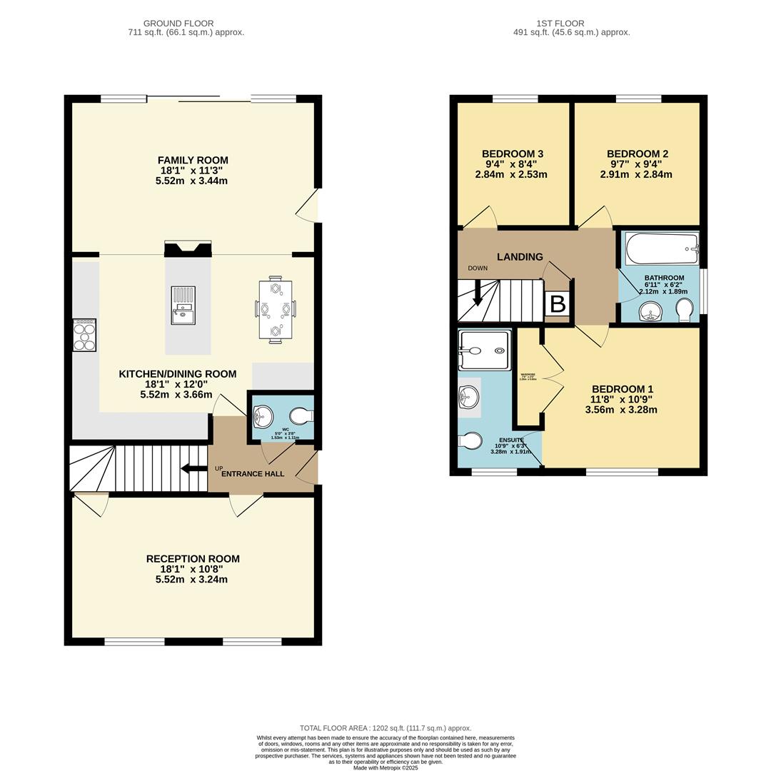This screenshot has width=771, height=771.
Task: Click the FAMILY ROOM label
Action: point(193,160)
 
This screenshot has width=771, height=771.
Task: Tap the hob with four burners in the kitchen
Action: point(84,335)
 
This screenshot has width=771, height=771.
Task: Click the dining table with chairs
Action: point(275,310)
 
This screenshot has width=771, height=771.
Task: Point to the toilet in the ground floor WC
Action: point(301,415)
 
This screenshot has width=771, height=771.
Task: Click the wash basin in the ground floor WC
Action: point(262,415)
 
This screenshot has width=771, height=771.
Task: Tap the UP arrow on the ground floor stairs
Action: point(193,468)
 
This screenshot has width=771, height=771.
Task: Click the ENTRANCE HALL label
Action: point(253,474)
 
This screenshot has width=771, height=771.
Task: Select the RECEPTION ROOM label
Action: point(193,559)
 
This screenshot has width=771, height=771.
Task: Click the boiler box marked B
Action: point(558,304)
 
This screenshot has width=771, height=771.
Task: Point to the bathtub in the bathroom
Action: point(662,249)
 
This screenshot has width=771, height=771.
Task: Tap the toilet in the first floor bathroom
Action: point(683,310)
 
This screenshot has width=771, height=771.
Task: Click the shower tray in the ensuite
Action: point(485,350)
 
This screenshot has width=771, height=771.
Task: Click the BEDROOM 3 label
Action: point(513,154)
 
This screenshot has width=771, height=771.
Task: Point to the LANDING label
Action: point(520,257)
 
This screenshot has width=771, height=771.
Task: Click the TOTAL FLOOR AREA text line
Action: point(385,728)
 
